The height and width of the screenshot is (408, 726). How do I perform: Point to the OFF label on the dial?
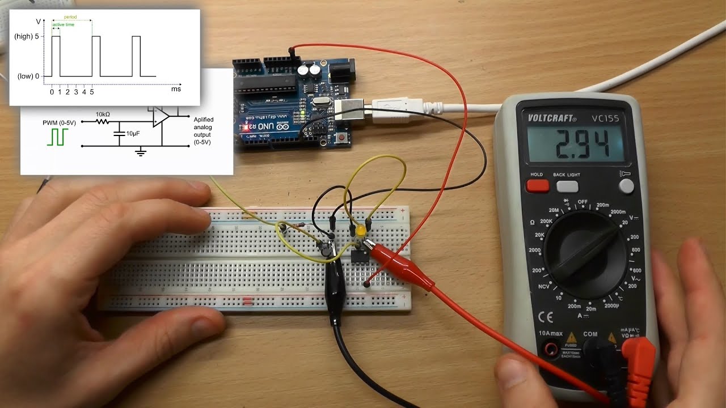(x=582, y=202)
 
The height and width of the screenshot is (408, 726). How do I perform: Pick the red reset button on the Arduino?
(x=343, y=138)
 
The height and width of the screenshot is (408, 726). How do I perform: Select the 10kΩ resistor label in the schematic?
(x=103, y=114)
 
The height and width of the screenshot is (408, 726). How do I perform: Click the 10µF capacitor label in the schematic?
(x=133, y=133)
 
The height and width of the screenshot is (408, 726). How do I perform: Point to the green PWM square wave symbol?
(x=57, y=137)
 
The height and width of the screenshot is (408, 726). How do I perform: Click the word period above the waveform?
(x=70, y=18)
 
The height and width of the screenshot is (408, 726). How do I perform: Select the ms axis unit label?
(x=176, y=89)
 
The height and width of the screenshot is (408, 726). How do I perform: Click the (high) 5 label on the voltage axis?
(x=27, y=37)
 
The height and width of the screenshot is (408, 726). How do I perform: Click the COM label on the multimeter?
(x=590, y=334)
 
